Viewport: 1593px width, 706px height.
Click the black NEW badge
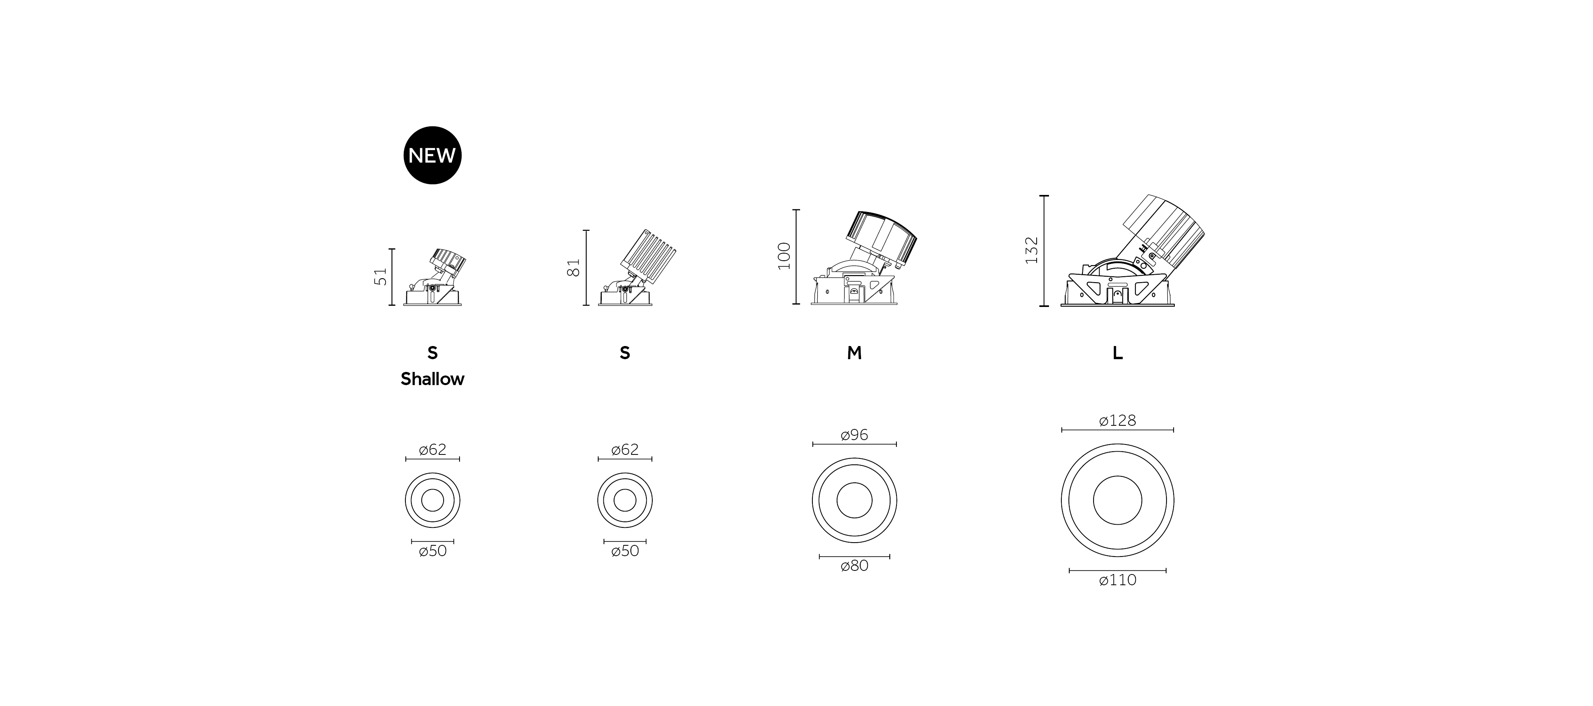point(432,155)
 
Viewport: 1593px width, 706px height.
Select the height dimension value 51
point(382,277)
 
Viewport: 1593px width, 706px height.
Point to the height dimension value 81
point(575,267)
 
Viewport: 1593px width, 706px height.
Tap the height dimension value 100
point(784,256)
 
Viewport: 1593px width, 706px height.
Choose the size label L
point(1117,353)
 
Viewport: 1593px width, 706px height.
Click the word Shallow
point(432,379)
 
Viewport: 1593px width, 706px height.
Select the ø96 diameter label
point(855,435)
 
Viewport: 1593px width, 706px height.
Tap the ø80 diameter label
point(855,566)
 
